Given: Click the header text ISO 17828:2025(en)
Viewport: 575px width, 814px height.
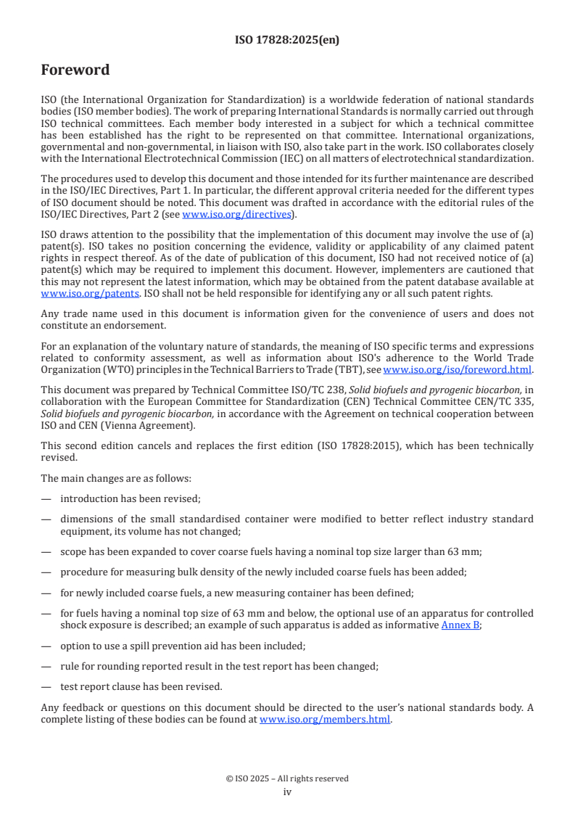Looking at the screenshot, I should [x=287, y=40].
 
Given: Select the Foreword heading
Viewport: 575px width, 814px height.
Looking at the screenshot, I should [x=75, y=70].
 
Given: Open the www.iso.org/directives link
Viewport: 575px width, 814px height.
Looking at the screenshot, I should [x=237, y=214].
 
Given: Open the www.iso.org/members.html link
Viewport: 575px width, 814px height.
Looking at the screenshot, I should [x=325, y=720].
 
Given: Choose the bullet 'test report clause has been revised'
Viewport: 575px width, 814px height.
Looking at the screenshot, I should [x=141, y=686].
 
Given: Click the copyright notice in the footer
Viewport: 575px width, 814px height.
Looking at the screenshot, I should [x=287, y=778].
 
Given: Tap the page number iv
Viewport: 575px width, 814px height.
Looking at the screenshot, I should [x=287, y=792].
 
